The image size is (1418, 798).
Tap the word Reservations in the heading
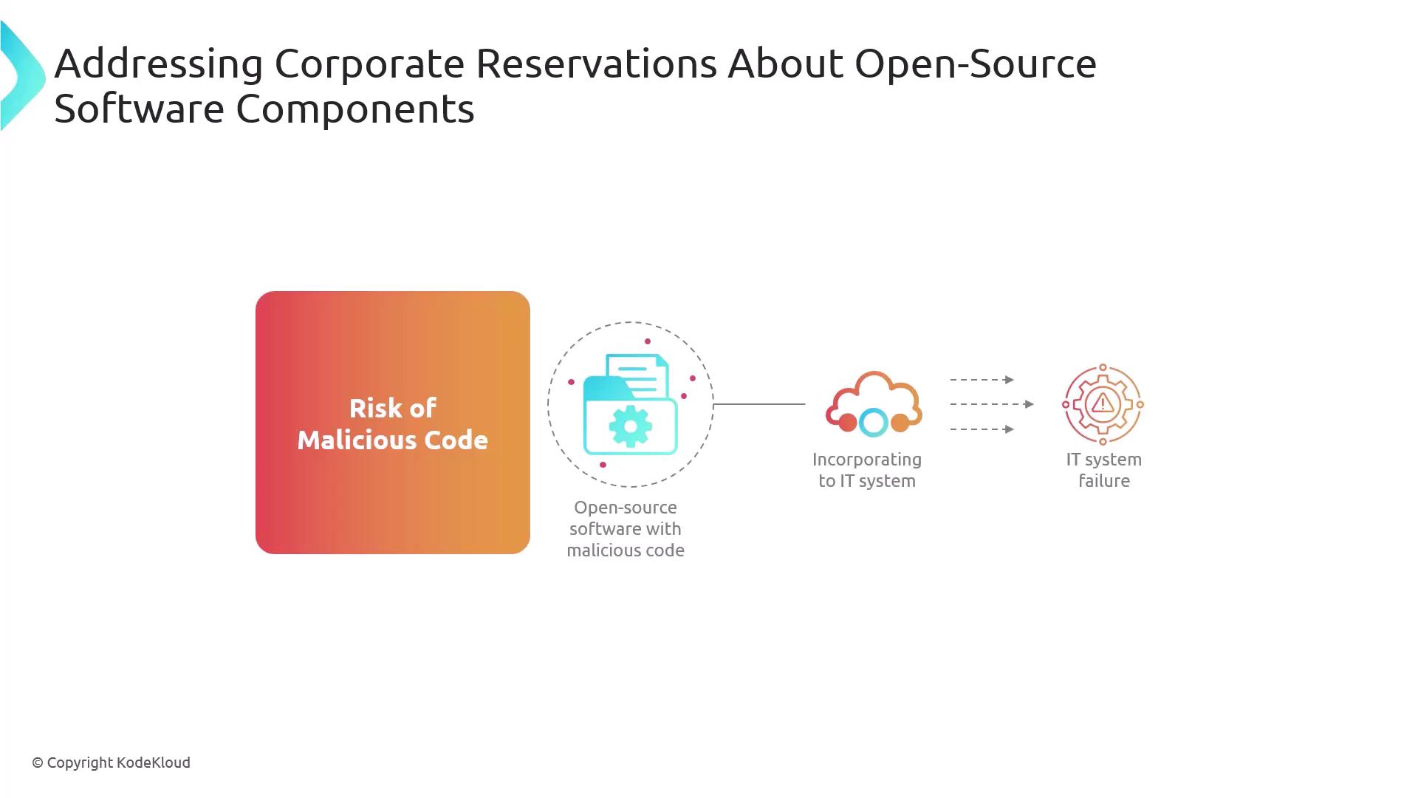click(596, 64)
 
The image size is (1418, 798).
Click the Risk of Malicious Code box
click(393, 423)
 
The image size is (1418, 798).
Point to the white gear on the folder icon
click(630, 426)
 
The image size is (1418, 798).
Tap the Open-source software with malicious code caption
click(626, 529)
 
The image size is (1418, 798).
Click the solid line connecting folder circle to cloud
click(759, 404)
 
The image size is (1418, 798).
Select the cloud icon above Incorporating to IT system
click(874, 403)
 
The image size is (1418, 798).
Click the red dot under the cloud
click(848, 423)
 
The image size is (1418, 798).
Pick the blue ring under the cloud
click(874, 423)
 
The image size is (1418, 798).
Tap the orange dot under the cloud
click(900, 423)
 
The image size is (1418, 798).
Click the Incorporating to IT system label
click(867, 470)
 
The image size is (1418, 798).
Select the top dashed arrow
click(982, 380)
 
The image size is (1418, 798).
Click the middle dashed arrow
click(992, 404)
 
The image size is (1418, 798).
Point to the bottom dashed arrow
click(982, 429)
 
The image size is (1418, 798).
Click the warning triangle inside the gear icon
click(1103, 403)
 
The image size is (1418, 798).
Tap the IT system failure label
click(1104, 470)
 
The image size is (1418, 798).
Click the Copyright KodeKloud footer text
click(111, 763)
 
